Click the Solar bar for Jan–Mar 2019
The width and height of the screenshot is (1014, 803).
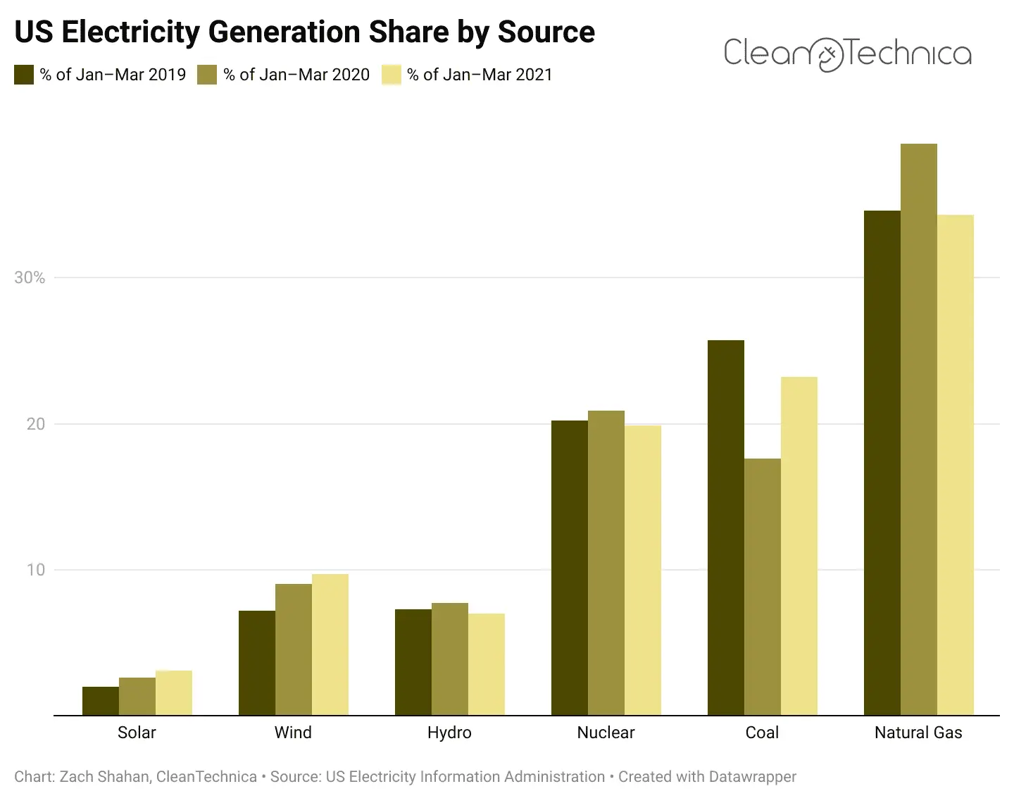point(101,701)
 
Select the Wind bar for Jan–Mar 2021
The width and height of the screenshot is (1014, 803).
point(330,645)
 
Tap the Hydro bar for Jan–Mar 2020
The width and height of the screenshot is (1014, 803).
point(450,659)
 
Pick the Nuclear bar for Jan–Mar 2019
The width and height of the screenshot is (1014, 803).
point(570,568)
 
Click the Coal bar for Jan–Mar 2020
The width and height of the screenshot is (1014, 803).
point(763,587)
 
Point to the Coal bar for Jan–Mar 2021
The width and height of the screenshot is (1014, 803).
point(799,546)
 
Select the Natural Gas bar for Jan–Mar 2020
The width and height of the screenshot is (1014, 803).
point(919,430)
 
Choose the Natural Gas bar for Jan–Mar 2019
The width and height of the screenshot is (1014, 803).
point(882,463)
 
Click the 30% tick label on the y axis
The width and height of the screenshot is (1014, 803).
point(30,278)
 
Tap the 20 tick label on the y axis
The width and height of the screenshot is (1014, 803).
point(35,424)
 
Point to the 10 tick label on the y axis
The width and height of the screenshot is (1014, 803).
point(35,570)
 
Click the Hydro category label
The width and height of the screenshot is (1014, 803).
point(449,733)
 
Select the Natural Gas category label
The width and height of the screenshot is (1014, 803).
point(918,733)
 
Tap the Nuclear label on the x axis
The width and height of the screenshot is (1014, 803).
point(606,733)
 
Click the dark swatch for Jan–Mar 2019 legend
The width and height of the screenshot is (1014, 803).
point(24,75)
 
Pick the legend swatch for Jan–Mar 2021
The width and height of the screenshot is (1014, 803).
point(392,75)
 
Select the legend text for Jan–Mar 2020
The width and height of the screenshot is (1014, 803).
point(296,75)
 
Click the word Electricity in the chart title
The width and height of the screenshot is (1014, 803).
point(134,32)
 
